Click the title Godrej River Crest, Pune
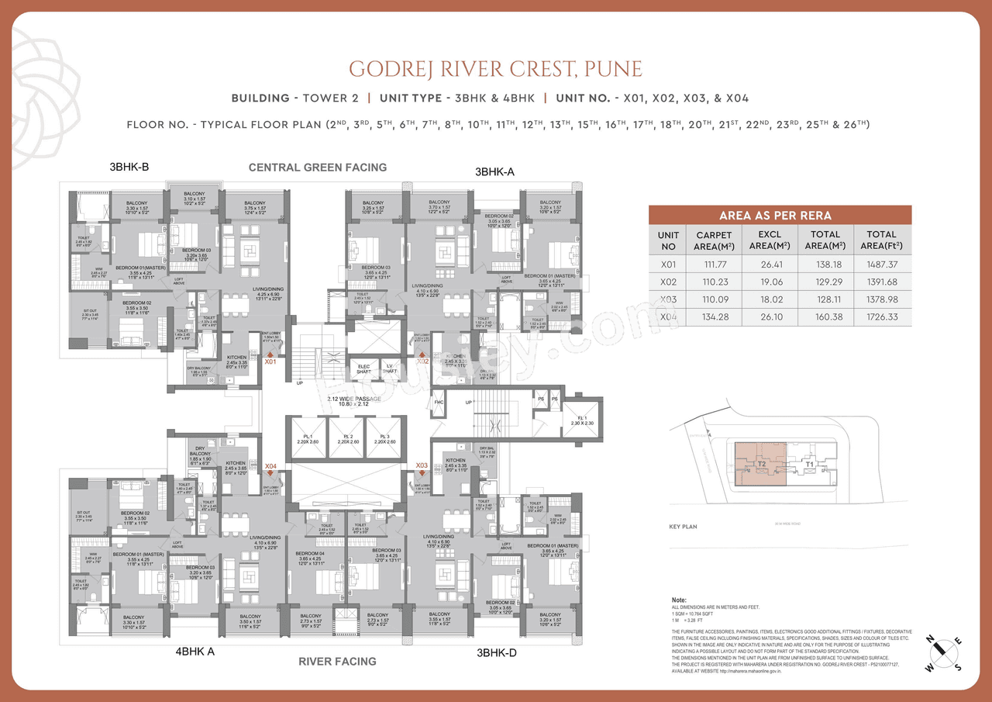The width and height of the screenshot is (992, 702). pos(495,68)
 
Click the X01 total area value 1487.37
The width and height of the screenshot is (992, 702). pos(882,265)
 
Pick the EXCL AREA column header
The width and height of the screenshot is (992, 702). pos(770,240)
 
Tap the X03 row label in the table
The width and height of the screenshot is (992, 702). pos(668,299)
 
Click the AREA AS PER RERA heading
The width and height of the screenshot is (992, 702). pos(780,216)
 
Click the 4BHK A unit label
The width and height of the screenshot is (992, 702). pos(195,652)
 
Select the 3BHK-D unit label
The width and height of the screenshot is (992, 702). pos(495,653)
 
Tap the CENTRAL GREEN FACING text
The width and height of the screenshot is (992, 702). pos(317,168)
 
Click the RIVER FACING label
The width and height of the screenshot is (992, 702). pos(337,662)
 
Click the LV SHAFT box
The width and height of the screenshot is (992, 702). pos(390,368)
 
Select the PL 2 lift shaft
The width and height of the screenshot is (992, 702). pos(346,441)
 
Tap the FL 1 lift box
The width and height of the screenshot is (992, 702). pos(582,420)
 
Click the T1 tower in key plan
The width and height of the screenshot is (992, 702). pos(810,464)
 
